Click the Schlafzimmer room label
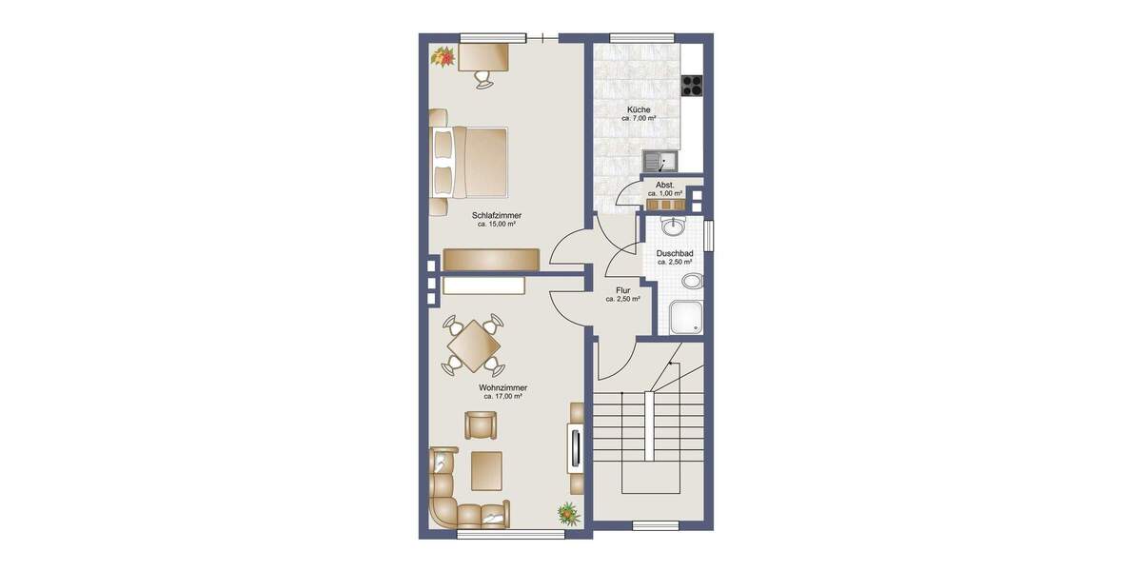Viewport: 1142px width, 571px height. point(496,216)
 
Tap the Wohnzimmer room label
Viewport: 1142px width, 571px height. point(503,388)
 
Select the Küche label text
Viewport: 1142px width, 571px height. point(639,110)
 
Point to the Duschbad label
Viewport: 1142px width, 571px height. point(674,254)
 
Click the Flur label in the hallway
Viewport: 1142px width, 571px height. point(622,290)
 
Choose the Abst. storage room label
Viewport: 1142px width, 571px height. point(665,185)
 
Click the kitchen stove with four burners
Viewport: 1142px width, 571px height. point(692,85)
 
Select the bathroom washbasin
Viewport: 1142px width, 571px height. point(675,226)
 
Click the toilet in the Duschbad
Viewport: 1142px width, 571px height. point(694,281)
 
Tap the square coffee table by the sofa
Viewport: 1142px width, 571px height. point(486,470)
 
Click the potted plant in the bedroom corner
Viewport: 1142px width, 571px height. point(443,57)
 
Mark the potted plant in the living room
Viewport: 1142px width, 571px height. point(568,514)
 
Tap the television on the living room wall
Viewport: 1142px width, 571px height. point(575,447)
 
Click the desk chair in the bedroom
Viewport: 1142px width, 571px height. point(484,79)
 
